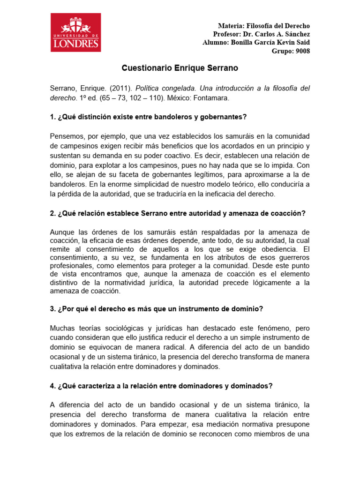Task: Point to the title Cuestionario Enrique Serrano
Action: pos(180,68)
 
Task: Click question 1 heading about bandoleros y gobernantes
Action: pos(148,117)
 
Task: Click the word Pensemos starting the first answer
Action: pos(66,136)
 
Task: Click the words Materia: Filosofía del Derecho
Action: pos(264,26)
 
